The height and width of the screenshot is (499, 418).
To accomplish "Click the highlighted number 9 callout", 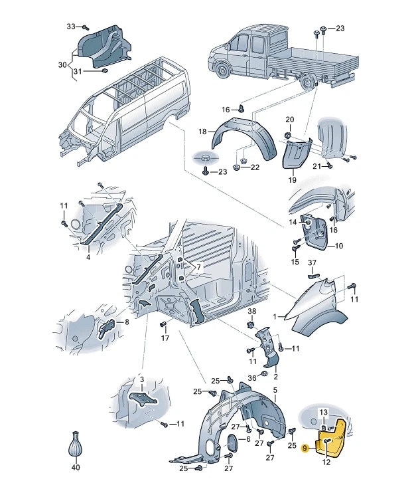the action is click(305, 448).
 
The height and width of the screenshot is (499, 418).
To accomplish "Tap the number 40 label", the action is click(76, 467).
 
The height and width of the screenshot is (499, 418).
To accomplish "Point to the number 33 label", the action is click(71, 27).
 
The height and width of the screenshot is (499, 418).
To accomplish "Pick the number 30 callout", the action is click(62, 65).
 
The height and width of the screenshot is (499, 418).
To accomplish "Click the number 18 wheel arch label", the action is click(202, 131).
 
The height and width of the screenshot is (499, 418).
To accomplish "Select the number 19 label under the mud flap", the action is click(292, 180).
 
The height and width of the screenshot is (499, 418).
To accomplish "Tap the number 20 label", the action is click(289, 120).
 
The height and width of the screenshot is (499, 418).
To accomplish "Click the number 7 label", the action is click(198, 267).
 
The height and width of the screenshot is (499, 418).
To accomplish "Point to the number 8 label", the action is click(127, 322).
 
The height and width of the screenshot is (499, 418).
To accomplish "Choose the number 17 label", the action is click(165, 338).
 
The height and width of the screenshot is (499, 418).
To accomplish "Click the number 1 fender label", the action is click(275, 317).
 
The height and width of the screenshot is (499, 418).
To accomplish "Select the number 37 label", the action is click(313, 262).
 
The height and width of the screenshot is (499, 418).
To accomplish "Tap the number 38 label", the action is click(251, 310).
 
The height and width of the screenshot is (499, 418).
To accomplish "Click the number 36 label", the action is click(252, 378).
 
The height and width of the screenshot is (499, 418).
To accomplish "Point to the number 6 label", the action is click(248, 439).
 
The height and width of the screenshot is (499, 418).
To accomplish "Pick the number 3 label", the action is click(142, 379).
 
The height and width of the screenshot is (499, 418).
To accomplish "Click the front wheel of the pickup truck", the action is click(222, 70).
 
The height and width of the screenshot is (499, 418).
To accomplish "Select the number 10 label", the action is click(339, 246).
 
